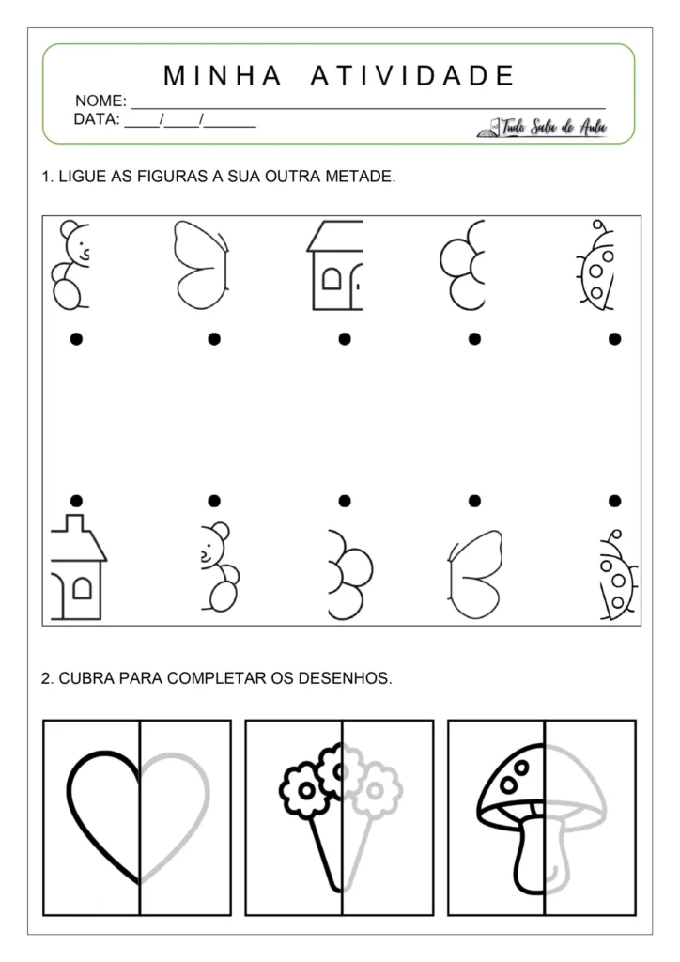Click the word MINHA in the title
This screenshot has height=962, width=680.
(x=223, y=75)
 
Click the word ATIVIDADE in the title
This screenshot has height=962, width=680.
(x=412, y=75)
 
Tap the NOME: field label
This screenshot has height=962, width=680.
(x=100, y=101)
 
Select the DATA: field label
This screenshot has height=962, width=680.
(x=97, y=119)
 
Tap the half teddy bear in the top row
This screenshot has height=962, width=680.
(x=70, y=266)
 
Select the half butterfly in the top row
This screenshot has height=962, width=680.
(x=199, y=266)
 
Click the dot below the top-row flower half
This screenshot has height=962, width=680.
(x=474, y=338)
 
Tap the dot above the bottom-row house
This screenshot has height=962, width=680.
(x=76, y=501)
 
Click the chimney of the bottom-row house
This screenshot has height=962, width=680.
(x=73, y=522)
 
